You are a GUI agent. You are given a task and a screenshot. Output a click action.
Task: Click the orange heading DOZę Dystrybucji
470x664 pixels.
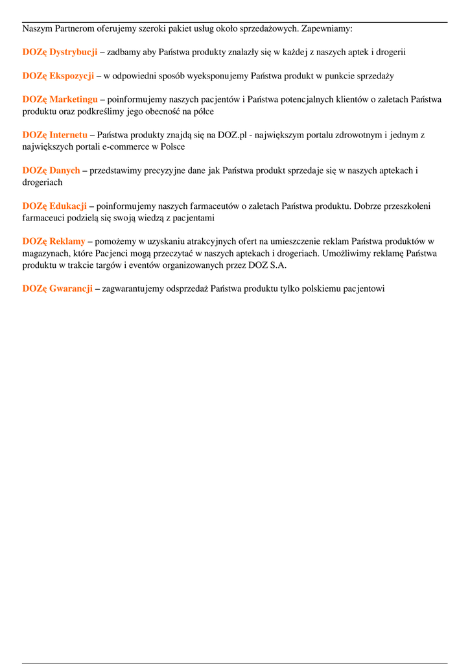tap(60, 52)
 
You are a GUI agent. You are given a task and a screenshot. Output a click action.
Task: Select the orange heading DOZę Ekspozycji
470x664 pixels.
tap(58, 76)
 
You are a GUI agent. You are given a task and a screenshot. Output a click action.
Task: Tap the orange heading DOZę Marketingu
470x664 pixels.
tap(60, 99)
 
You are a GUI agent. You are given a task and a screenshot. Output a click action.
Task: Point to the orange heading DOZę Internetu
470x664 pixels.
tap(54, 135)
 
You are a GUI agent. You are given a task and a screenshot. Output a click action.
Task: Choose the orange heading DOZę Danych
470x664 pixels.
tap(51, 171)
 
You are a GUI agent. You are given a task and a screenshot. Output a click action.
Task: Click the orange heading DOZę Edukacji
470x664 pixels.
tap(54, 206)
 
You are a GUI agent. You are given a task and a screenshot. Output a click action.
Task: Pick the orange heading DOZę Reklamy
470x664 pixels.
tap(54, 241)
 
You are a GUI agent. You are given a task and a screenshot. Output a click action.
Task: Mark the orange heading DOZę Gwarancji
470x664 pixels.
tap(57, 289)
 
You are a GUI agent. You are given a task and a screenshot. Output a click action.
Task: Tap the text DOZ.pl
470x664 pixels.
tap(232, 135)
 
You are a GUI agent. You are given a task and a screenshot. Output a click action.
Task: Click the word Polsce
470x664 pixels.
tap(171, 147)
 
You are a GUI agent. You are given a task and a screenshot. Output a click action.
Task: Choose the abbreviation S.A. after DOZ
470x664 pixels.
tap(277, 265)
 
